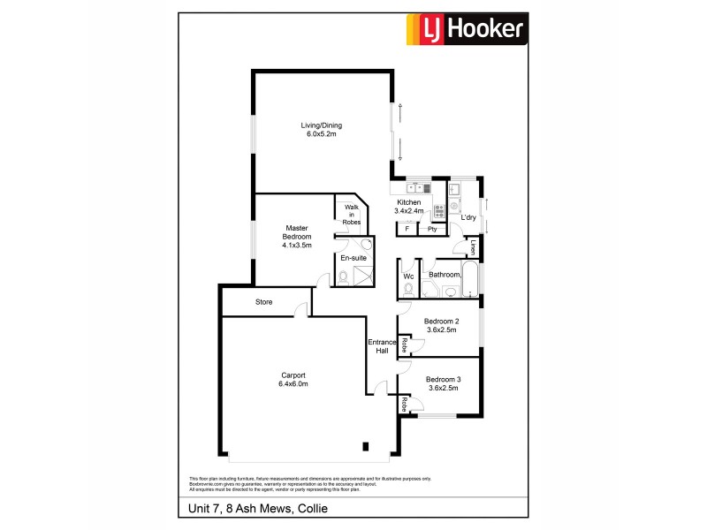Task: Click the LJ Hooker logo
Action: (466, 30)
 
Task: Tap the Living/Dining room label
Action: (323, 129)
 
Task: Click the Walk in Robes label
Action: (351, 215)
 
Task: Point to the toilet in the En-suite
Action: (343, 278)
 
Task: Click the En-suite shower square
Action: (362, 277)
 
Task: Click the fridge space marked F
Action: (407, 229)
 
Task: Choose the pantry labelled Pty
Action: (433, 229)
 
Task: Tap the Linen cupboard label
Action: (474, 247)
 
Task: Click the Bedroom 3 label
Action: (442, 379)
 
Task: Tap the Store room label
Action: (263, 302)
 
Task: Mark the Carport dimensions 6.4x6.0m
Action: (293, 383)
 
